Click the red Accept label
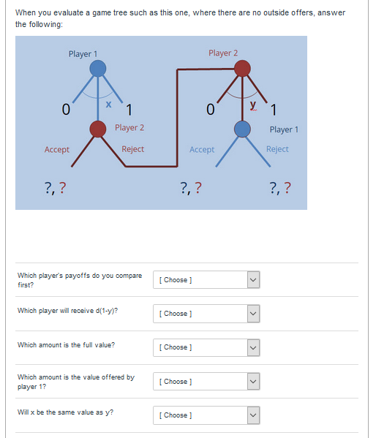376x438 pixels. click(57, 149)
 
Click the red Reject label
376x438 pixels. click(132, 149)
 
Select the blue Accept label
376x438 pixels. click(202, 149)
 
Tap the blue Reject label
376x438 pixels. click(277, 149)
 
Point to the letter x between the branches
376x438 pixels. click(108, 105)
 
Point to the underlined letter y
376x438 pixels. click(253, 105)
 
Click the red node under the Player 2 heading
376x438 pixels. click(243, 69)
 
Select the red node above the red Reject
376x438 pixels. click(98, 129)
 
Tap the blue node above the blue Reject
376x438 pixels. click(243, 129)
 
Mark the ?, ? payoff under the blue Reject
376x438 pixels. click(280, 189)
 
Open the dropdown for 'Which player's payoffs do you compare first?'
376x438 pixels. click(206, 280)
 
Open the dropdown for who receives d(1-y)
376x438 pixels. click(206, 314)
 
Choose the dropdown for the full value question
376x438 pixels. click(206, 347)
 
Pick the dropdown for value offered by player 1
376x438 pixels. click(206, 382)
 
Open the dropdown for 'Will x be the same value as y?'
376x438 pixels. click(206, 415)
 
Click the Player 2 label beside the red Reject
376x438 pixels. click(129, 128)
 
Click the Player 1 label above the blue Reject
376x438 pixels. click(284, 129)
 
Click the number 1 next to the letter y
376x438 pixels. click(273, 111)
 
